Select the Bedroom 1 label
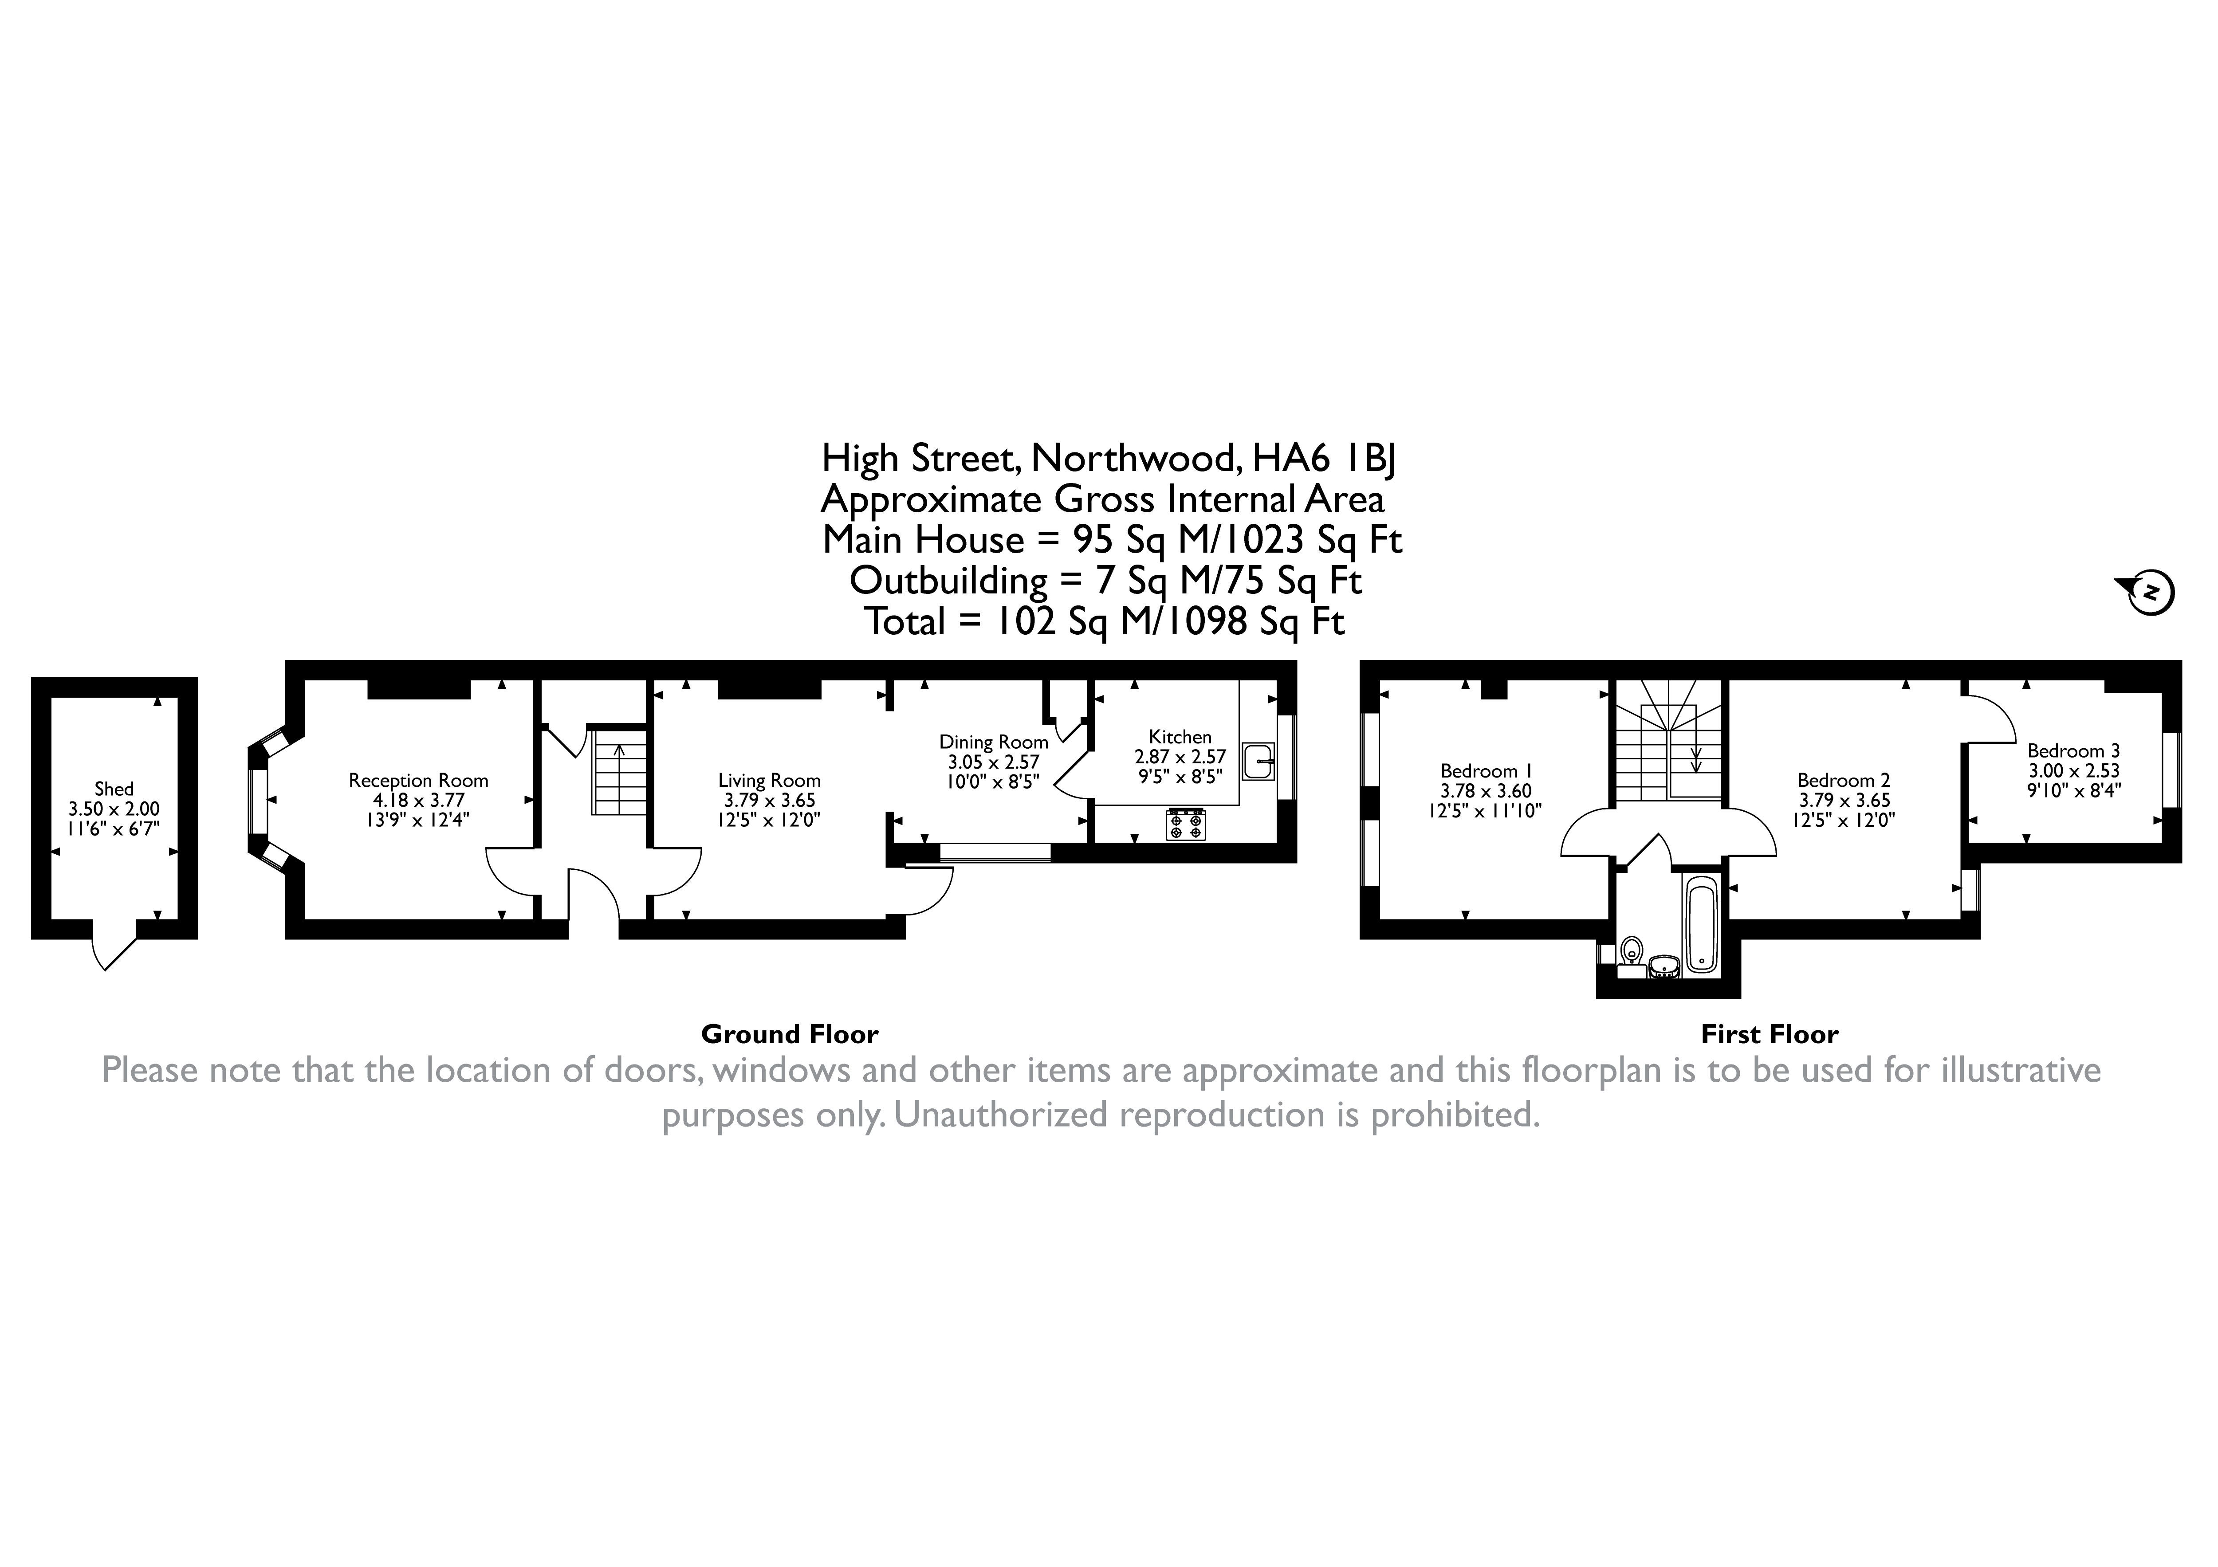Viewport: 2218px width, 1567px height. pos(1486,771)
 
